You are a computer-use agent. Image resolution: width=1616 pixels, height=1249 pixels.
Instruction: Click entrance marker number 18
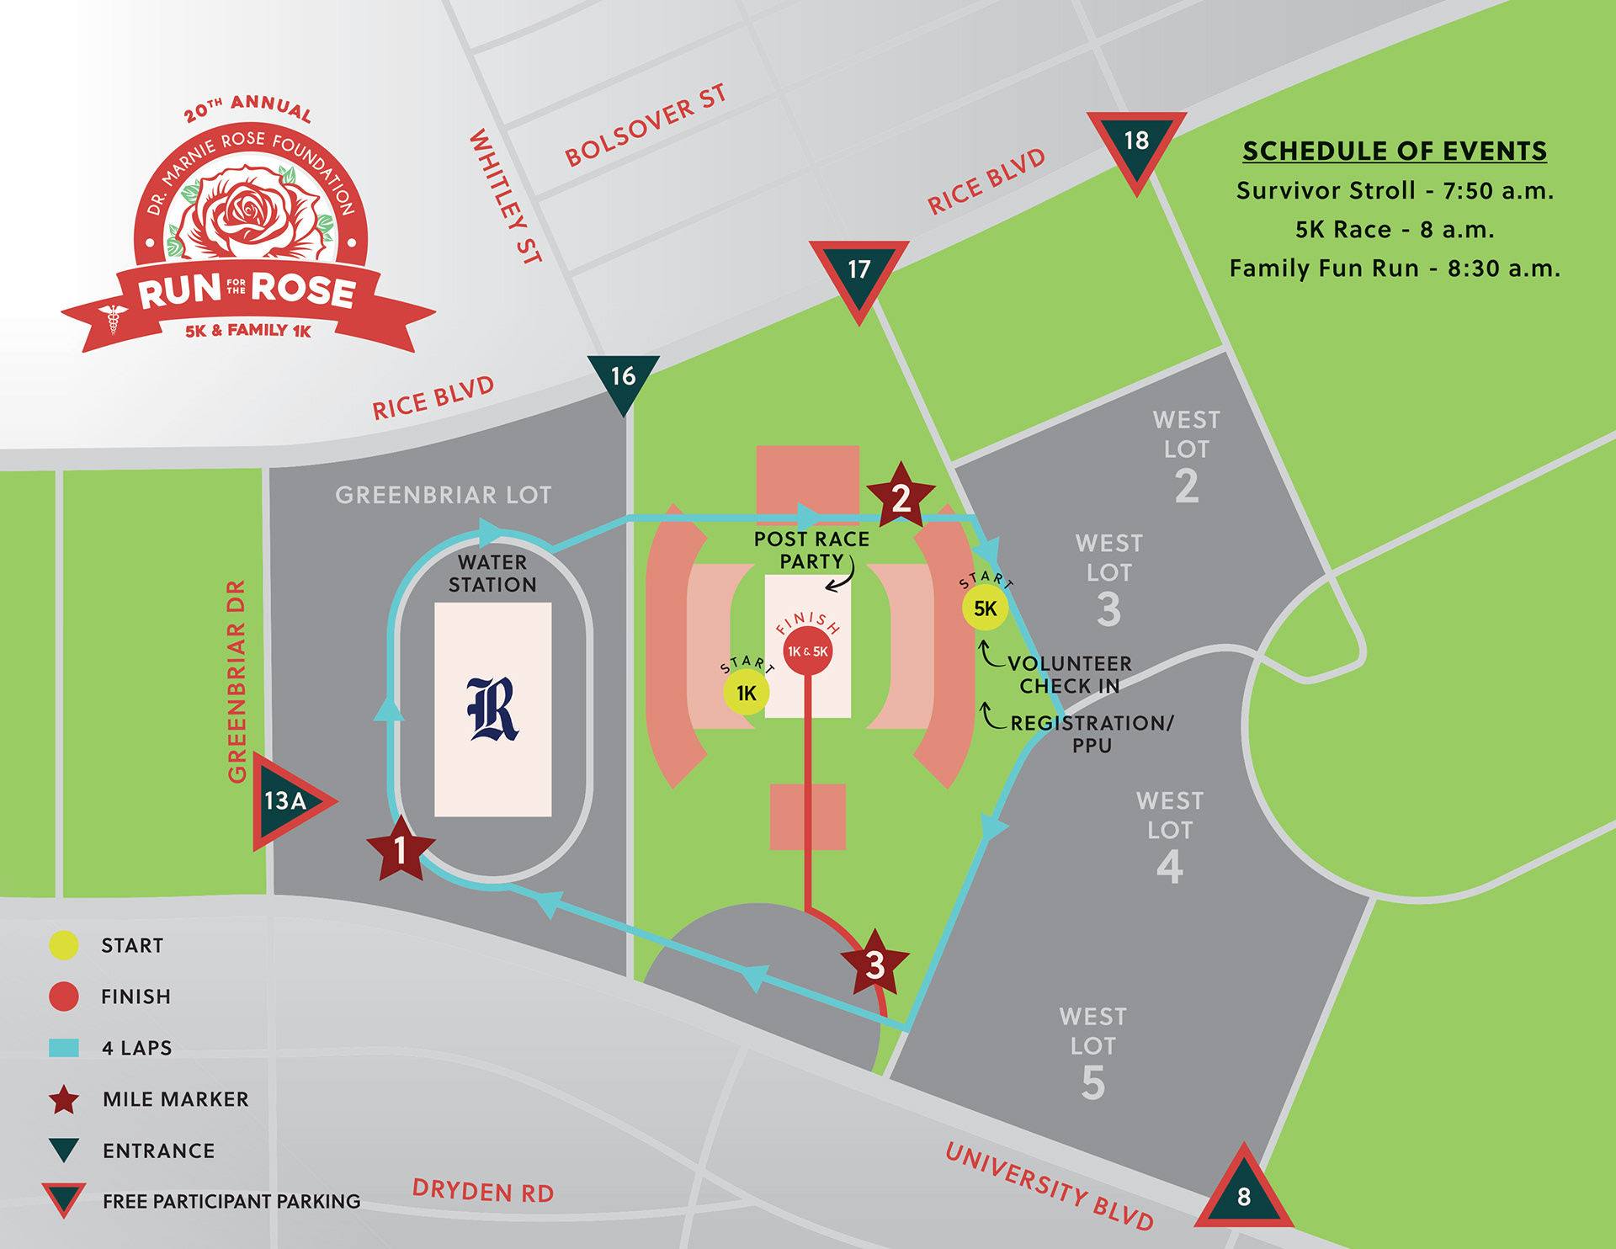(x=1136, y=145)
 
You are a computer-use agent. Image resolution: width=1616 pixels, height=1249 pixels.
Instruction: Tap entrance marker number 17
(x=858, y=273)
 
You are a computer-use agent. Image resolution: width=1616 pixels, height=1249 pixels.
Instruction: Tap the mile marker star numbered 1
(x=401, y=850)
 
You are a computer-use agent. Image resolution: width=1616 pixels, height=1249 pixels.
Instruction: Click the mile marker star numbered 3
(x=875, y=965)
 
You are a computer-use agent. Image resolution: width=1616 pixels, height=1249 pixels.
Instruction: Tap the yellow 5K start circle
(x=985, y=609)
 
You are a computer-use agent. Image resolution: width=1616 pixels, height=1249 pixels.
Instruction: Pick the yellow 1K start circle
(x=746, y=693)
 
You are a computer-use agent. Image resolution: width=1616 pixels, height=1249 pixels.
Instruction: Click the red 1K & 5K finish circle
(x=808, y=651)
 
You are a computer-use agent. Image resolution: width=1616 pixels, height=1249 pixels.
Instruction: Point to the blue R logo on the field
(x=493, y=710)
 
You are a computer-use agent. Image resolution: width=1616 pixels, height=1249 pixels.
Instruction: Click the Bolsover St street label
(x=645, y=126)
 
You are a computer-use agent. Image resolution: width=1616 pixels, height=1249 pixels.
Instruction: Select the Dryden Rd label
(x=483, y=1192)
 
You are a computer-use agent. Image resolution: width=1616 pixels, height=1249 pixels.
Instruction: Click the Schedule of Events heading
(x=1395, y=151)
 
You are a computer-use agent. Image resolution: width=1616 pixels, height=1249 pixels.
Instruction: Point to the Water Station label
(x=492, y=573)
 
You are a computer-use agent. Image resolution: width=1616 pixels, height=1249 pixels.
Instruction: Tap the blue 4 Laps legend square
(x=64, y=1048)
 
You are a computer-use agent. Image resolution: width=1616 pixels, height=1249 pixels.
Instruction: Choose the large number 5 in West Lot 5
(x=1092, y=1083)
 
